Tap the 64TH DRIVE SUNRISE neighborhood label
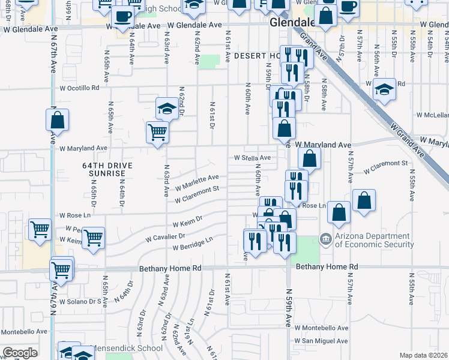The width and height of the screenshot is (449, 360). (104, 169)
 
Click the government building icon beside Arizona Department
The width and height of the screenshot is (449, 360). (325, 239)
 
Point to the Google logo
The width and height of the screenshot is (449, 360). (20, 353)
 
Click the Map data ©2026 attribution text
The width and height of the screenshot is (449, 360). (423, 355)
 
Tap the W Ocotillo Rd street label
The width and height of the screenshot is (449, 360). (79, 88)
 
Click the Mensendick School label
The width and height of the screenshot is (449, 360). (127, 348)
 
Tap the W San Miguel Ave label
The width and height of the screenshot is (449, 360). (321, 341)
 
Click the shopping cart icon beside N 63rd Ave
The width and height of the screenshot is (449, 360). (157, 131)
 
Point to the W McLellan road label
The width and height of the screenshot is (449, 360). (432, 115)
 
